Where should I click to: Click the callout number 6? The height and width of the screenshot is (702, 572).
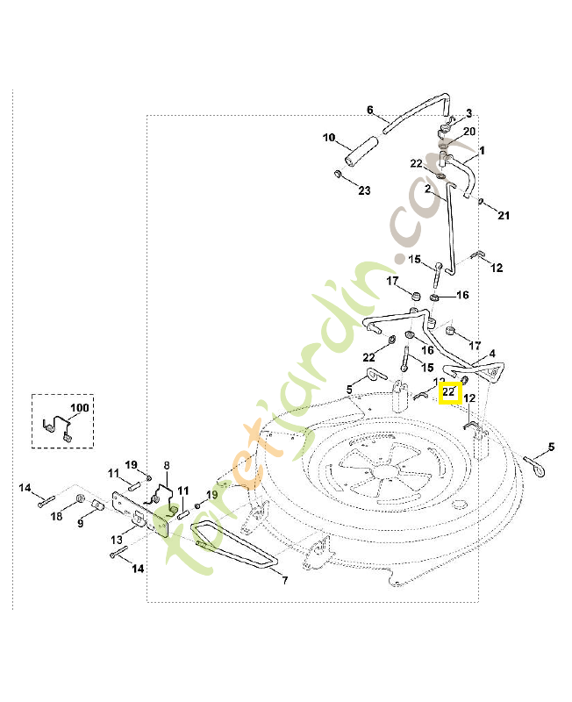coord(370,111)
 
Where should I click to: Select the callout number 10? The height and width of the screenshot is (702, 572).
coord(329,138)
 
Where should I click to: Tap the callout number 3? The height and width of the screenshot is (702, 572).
coord(468,113)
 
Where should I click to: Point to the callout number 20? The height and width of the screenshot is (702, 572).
coord(469,132)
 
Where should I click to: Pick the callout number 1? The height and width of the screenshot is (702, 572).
coord(481,150)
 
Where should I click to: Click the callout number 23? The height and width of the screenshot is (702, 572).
coord(364,190)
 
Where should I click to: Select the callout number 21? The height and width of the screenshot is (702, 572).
coord(504,215)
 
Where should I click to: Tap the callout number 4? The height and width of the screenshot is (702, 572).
coord(492,354)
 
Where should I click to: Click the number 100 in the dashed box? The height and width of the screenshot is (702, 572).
coord(80,408)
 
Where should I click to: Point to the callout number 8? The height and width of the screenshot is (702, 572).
coord(167,465)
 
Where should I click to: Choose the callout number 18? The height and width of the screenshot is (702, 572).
coord(56,517)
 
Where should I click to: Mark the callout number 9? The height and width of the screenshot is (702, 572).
coord(81,524)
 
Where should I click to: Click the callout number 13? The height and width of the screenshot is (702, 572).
coord(117,539)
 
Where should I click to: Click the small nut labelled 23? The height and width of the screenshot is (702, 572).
coord(337,175)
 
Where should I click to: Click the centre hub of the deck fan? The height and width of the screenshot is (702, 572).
coord(383,471)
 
